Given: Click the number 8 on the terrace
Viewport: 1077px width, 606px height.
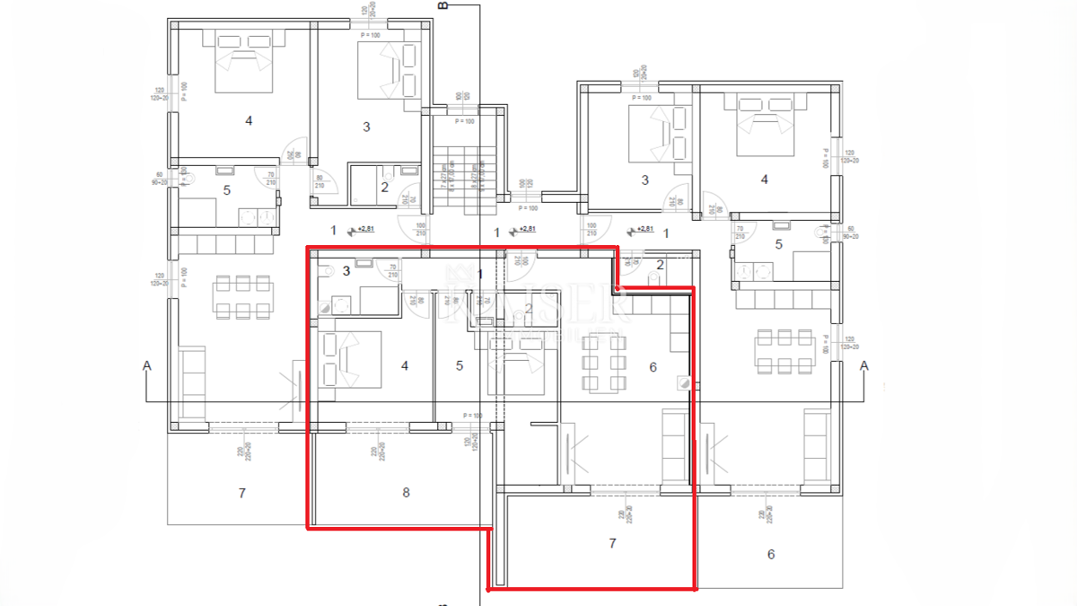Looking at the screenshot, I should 406,492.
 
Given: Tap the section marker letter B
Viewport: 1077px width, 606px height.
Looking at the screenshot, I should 442,5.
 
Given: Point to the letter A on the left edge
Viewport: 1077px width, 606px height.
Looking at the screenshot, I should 145,365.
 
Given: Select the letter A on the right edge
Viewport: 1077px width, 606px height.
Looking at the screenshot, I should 864,365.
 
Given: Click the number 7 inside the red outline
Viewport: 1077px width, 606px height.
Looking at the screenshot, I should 612,543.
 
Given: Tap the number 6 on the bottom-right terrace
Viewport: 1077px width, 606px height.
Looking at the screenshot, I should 770,554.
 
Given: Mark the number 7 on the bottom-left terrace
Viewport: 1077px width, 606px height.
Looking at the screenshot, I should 241,493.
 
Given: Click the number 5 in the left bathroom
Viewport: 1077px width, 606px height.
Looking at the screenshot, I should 227,190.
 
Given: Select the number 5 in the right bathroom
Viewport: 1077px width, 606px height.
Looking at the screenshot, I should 778,243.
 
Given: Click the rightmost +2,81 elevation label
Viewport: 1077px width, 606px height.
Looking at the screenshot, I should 644,230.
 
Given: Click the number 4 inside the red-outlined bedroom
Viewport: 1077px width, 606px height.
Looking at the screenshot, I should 405,365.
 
